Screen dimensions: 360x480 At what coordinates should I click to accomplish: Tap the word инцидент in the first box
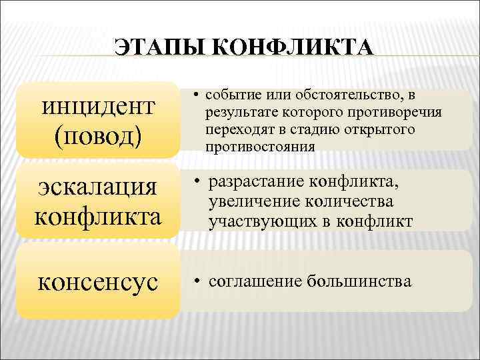[98, 107]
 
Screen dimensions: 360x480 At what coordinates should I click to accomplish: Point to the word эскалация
[98, 189]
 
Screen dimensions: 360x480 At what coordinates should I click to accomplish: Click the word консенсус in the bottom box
[98, 281]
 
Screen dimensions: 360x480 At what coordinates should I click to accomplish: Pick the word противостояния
[260, 145]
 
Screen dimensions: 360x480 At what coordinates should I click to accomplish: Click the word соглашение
[254, 281]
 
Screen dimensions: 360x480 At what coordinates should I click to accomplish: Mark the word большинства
[359, 281]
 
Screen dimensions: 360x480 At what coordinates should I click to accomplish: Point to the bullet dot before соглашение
[190, 281]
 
